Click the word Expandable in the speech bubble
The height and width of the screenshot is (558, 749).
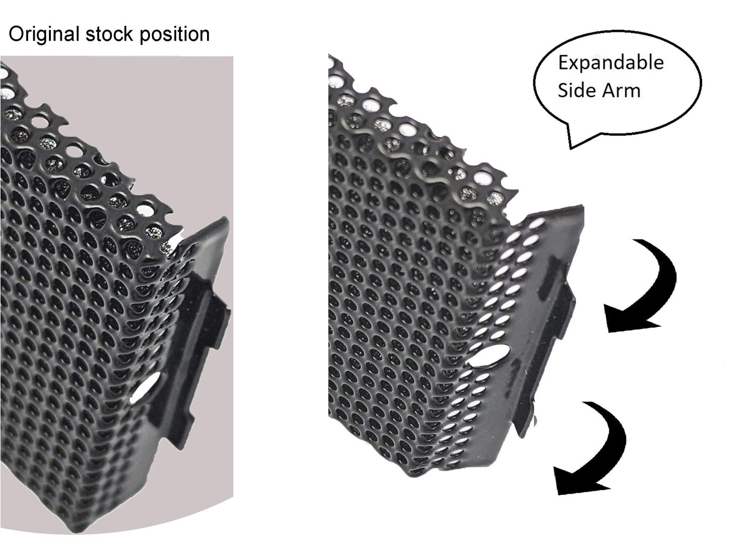610,63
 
